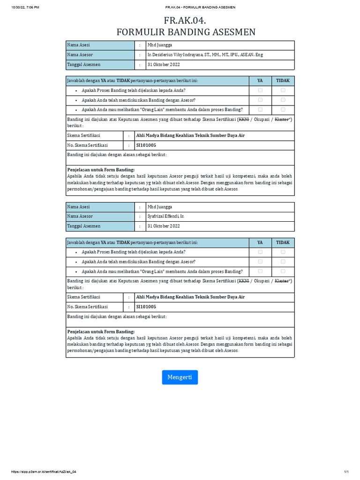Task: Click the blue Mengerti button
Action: coord(180,377)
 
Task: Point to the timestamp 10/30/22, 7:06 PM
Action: coord(26,7)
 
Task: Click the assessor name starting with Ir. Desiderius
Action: coord(205,55)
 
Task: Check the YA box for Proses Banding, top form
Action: coord(260,90)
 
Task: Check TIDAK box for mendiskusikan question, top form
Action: coord(283,100)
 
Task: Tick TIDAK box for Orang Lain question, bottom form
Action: coord(283,271)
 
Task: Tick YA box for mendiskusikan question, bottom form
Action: coord(260,262)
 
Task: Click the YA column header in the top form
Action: coord(260,81)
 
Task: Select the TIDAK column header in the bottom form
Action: coord(283,243)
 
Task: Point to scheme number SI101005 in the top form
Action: coord(146,145)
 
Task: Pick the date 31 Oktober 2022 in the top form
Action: coord(164,65)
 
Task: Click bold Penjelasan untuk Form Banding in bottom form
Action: coord(101,331)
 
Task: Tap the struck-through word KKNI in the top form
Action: coord(244,120)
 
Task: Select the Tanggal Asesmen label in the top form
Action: coord(84,65)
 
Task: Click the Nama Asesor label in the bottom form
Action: coord(80,217)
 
